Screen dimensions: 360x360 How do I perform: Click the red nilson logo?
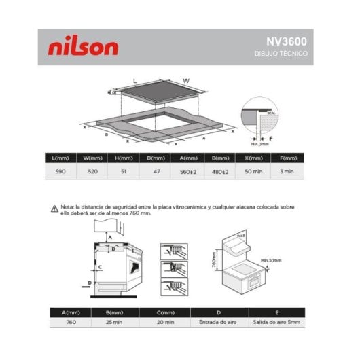(84, 47)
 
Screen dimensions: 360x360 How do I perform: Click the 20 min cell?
(162, 324)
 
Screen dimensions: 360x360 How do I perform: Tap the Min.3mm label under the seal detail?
(259, 143)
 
